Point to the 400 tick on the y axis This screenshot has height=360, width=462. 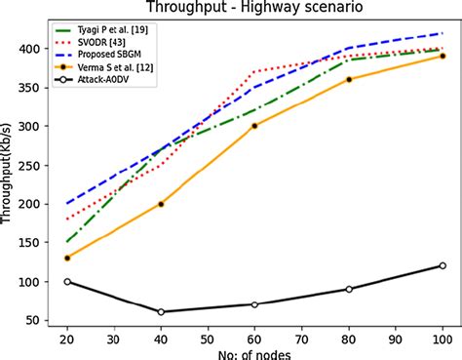[34, 49]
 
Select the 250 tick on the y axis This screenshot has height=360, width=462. [34, 165]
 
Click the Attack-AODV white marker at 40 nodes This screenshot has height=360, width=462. [161, 312]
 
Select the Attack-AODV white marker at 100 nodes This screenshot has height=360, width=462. [443, 265]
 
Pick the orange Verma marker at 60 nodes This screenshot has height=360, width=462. [254, 126]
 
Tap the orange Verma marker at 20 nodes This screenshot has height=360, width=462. [67, 258]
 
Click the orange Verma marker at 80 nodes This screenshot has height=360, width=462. [349, 79]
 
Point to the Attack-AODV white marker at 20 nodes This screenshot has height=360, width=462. [67, 281]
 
